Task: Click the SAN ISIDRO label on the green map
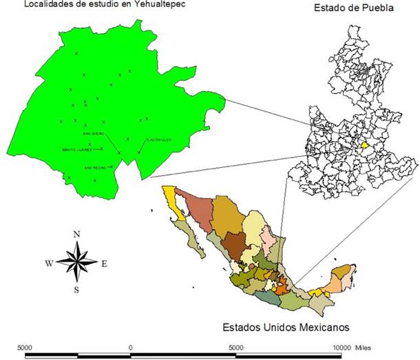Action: [x=93, y=133]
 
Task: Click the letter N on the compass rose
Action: [x=76, y=234]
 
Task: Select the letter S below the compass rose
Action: [x=76, y=289]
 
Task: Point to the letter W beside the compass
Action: [x=48, y=263]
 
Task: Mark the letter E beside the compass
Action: [x=105, y=263]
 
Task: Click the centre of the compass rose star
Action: [x=76, y=262]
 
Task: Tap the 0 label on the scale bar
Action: [x=130, y=347]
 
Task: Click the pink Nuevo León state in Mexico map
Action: [x=266, y=237]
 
